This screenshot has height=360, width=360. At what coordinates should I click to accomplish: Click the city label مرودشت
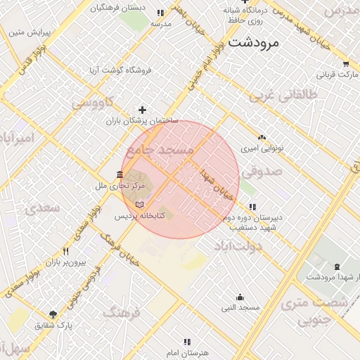tap(255, 42)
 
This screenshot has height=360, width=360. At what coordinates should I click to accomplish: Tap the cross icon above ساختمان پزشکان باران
tap(143, 110)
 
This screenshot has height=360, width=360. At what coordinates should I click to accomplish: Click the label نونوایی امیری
tap(261, 149)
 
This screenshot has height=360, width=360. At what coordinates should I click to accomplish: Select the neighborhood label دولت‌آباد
tap(238, 245)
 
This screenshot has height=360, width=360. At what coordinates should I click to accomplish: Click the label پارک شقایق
tap(54, 326)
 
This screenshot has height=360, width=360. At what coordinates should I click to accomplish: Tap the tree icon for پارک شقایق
tap(53, 314)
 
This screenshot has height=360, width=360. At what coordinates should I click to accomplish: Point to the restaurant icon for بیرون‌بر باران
tap(66, 250)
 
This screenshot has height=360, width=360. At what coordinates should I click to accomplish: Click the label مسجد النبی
tap(240, 308)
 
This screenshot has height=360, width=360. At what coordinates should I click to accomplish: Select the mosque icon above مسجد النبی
tap(240, 297)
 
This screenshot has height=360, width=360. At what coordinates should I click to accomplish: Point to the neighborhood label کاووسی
tap(92, 103)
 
